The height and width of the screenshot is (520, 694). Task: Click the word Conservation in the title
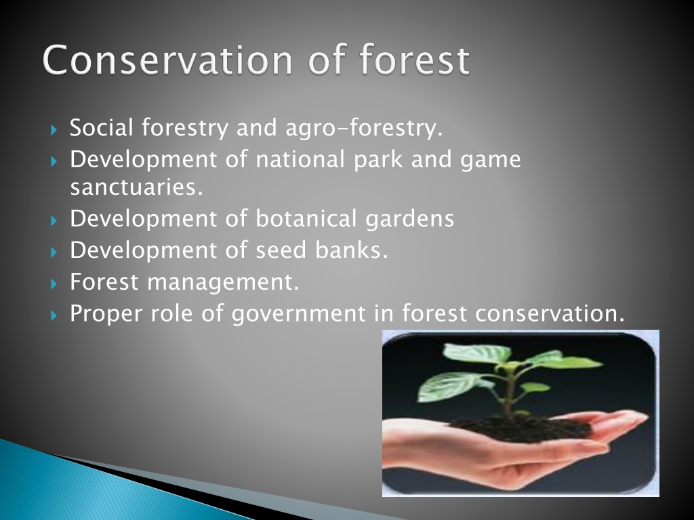[167, 60]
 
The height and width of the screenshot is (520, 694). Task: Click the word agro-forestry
[364, 128]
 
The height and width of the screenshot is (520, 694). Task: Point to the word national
[300, 158]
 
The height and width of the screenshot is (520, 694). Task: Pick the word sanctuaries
[136, 187]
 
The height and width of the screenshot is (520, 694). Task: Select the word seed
[281, 251]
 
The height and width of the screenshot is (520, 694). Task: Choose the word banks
[352, 251]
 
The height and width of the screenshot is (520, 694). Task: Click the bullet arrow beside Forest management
[54, 284]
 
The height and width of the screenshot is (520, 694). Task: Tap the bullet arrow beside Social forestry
[54, 129]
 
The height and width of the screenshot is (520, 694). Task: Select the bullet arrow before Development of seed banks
[54, 252]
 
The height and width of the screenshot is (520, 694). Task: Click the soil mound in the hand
[523, 427]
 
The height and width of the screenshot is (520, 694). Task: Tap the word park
[378, 160]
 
